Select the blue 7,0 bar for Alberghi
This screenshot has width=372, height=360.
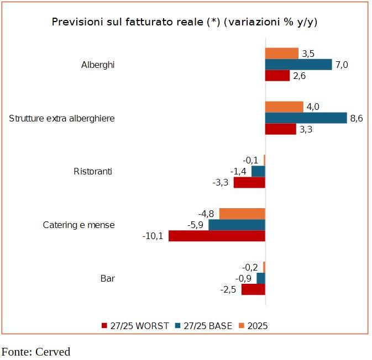click(298, 65)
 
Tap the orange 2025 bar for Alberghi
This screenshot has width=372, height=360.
click(282, 54)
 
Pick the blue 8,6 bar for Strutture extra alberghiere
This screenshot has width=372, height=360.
click(306, 118)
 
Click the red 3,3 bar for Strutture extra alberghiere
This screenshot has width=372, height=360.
click(280, 129)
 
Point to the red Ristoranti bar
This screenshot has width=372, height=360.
click(249, 183)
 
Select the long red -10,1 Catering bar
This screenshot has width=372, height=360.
click(217, 236)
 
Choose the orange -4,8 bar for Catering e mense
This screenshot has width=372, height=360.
click(242, 214)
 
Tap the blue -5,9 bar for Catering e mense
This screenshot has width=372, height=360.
click(237, 225)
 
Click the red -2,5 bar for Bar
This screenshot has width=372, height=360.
click(253, 289)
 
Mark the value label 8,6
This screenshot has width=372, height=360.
click(357, 118)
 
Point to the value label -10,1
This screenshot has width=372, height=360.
click(153, 236)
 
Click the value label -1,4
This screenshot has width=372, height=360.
click(239, 171)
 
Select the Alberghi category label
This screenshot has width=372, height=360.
click(98, 65)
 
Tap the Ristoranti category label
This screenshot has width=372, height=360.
click(93, 171)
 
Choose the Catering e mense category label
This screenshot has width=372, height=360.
click(79, 225)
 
